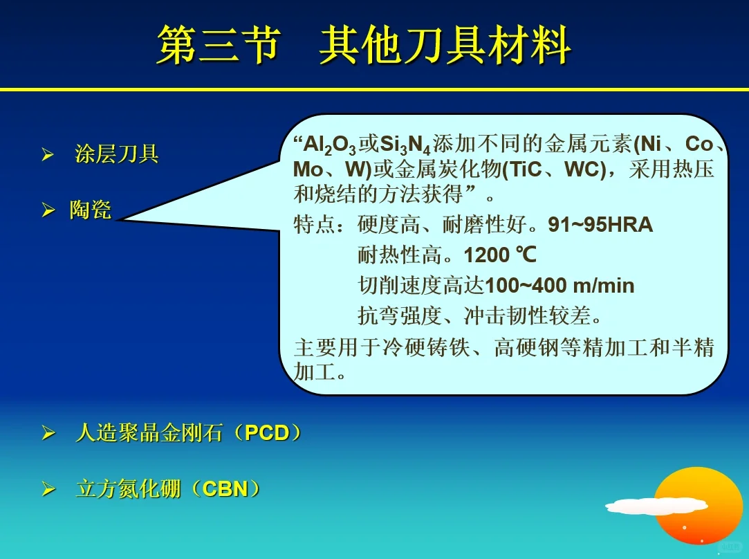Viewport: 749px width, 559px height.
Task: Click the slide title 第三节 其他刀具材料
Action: (364, 46)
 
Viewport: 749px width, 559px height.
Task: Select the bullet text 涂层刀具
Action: (117, 154)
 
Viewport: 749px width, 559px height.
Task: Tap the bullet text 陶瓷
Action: (90, 210)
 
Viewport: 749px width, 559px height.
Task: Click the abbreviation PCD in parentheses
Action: (267, 433)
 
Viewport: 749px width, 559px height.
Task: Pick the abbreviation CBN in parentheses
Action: (225, 489)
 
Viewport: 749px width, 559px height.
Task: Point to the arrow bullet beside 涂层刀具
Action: (48, 154)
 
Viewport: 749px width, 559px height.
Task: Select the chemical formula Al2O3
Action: (330, 146)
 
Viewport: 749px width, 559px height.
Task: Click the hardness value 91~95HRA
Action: (600, 225)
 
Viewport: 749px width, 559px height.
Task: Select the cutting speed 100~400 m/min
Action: (560, 285)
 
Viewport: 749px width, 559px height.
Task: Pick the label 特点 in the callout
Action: (315, 225)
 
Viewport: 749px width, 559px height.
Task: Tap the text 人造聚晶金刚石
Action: (149, 433)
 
